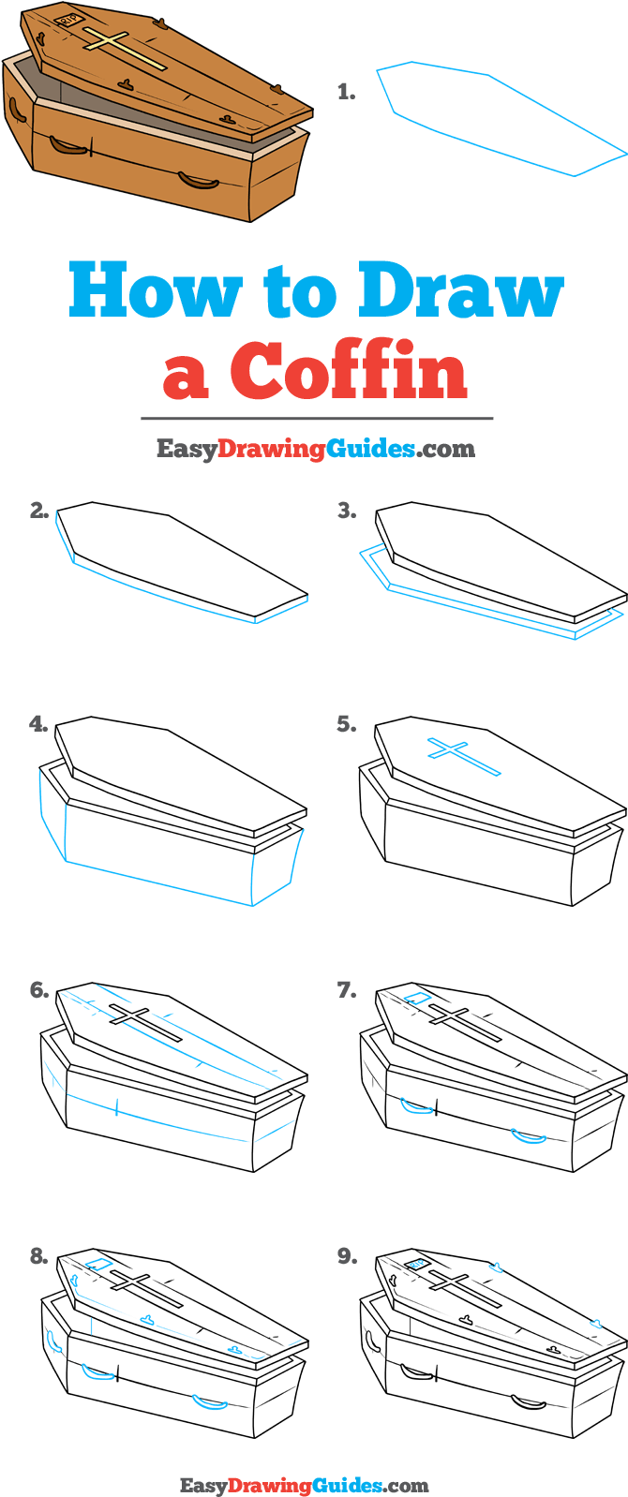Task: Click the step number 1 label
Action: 346,92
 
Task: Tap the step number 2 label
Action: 38,511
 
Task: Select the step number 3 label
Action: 347,511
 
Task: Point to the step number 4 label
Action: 38,724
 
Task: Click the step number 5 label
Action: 347,724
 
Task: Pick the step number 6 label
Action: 38,990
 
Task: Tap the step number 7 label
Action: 347,990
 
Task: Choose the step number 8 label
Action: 38,1256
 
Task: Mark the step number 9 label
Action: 347,1256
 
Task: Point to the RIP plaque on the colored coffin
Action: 68,19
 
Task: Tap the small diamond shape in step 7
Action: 417,999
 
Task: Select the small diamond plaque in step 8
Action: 98,1265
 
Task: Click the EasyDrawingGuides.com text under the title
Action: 315,449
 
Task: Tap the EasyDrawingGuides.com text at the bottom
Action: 304,1485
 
